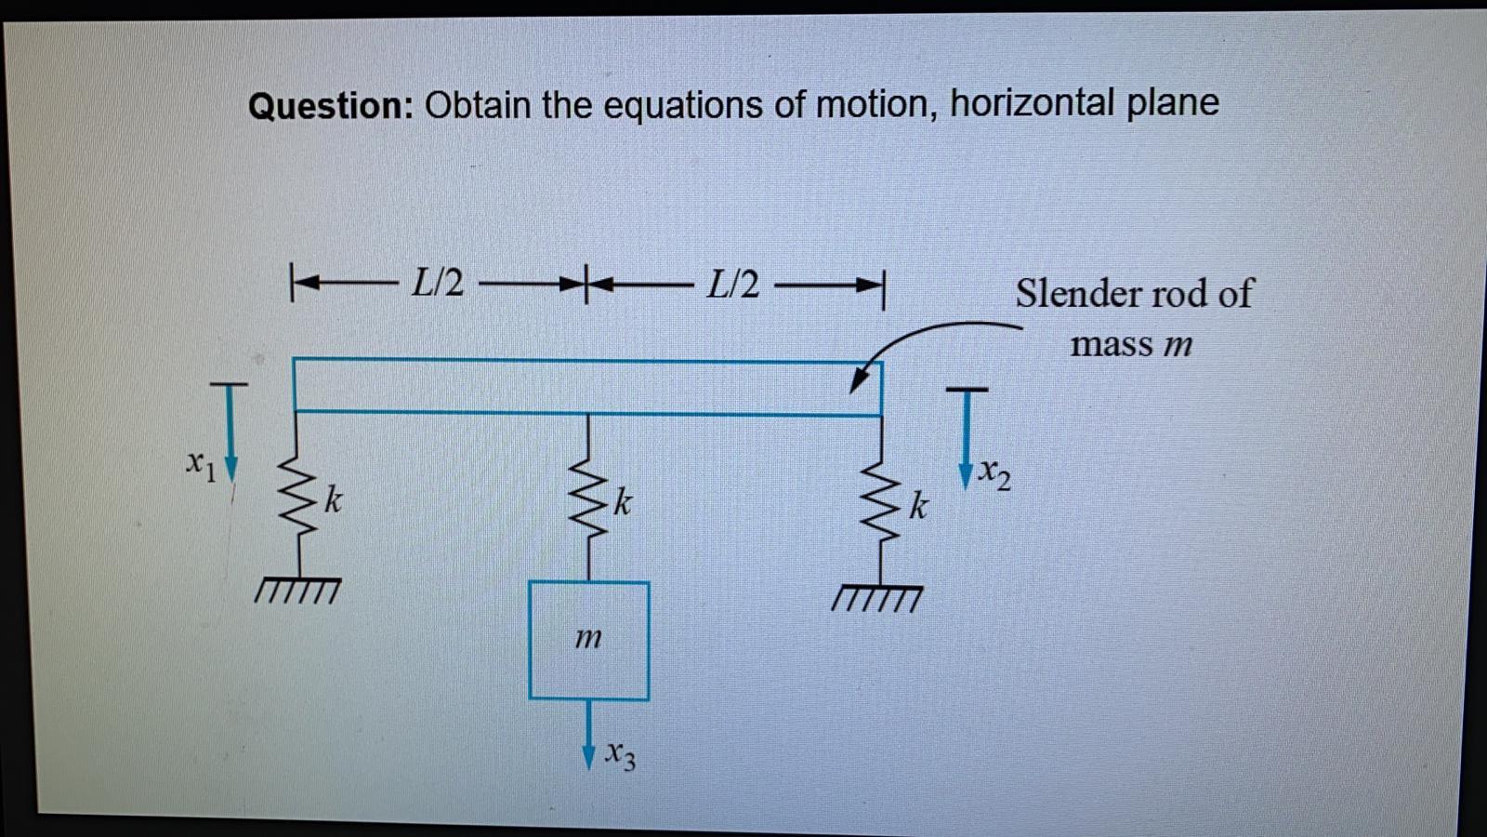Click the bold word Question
coord(330,105)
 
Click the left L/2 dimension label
coord(438,282)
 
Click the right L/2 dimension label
coord(732,284)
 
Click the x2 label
coord(995,473)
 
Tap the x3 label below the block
coord(620,755)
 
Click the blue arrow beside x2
coord(967,437)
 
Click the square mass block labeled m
coord(588,640)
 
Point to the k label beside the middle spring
coord(624,503)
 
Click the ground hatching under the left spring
coord(298,591)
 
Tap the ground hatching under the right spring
coord(878,598)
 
